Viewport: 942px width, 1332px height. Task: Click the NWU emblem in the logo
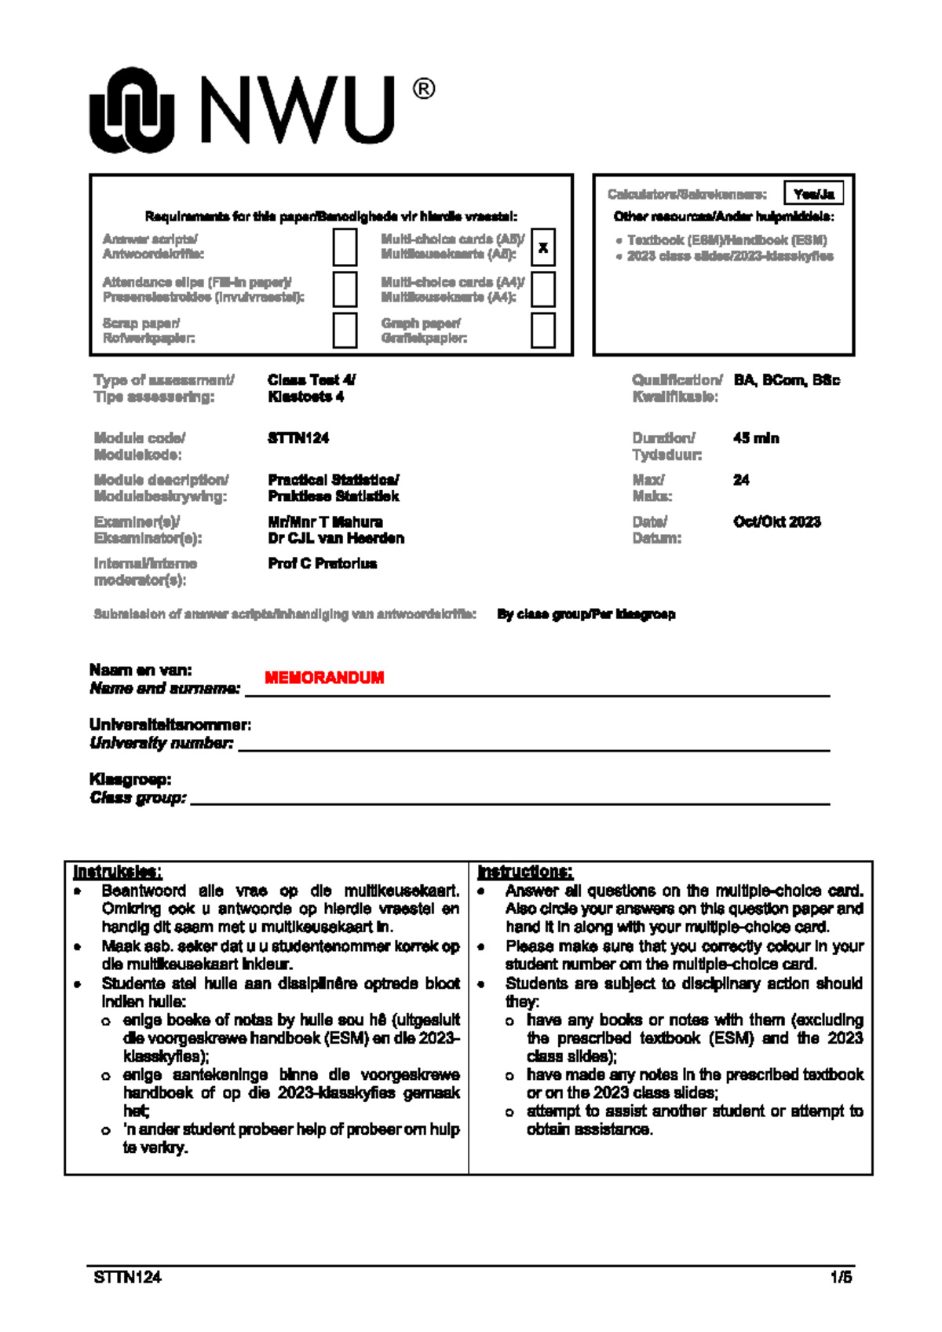click(x=131, y=110)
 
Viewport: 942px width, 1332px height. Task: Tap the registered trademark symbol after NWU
click(x=423, y=90)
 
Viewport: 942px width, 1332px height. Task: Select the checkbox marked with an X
click(x=542, y=247)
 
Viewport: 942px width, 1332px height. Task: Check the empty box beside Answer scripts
click(x=345, y=247)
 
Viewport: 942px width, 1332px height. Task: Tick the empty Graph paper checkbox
click(x=542, y=330)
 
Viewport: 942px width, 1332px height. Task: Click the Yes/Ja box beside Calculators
click(x=813, y=193)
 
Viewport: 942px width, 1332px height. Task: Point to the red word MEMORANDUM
click(x=324, y=678)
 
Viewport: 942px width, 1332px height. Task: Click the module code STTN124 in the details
click(x=298, y=438)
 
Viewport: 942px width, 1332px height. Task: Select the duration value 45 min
click(x=756, y=438)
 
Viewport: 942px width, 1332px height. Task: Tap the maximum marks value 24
click(x=741, y=480)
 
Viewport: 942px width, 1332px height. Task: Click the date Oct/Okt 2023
click(x=776, y=521)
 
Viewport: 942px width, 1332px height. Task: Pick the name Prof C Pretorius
click(x=322, y=563)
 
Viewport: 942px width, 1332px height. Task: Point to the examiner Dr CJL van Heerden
click(x=336, y=538)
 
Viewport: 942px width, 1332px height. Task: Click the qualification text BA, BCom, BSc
click(x=787, y=380)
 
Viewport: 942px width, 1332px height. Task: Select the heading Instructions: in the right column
click(x=525, y=872)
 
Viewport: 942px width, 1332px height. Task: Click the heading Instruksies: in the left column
click(x=118, y=872)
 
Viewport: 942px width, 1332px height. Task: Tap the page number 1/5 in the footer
click(x=841, y=1277)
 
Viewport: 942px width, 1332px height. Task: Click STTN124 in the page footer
click(x=127, y=1277)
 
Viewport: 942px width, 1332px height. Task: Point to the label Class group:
click(x=138, y=798)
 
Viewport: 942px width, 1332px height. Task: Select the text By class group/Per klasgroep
click(x=586, y=614)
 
